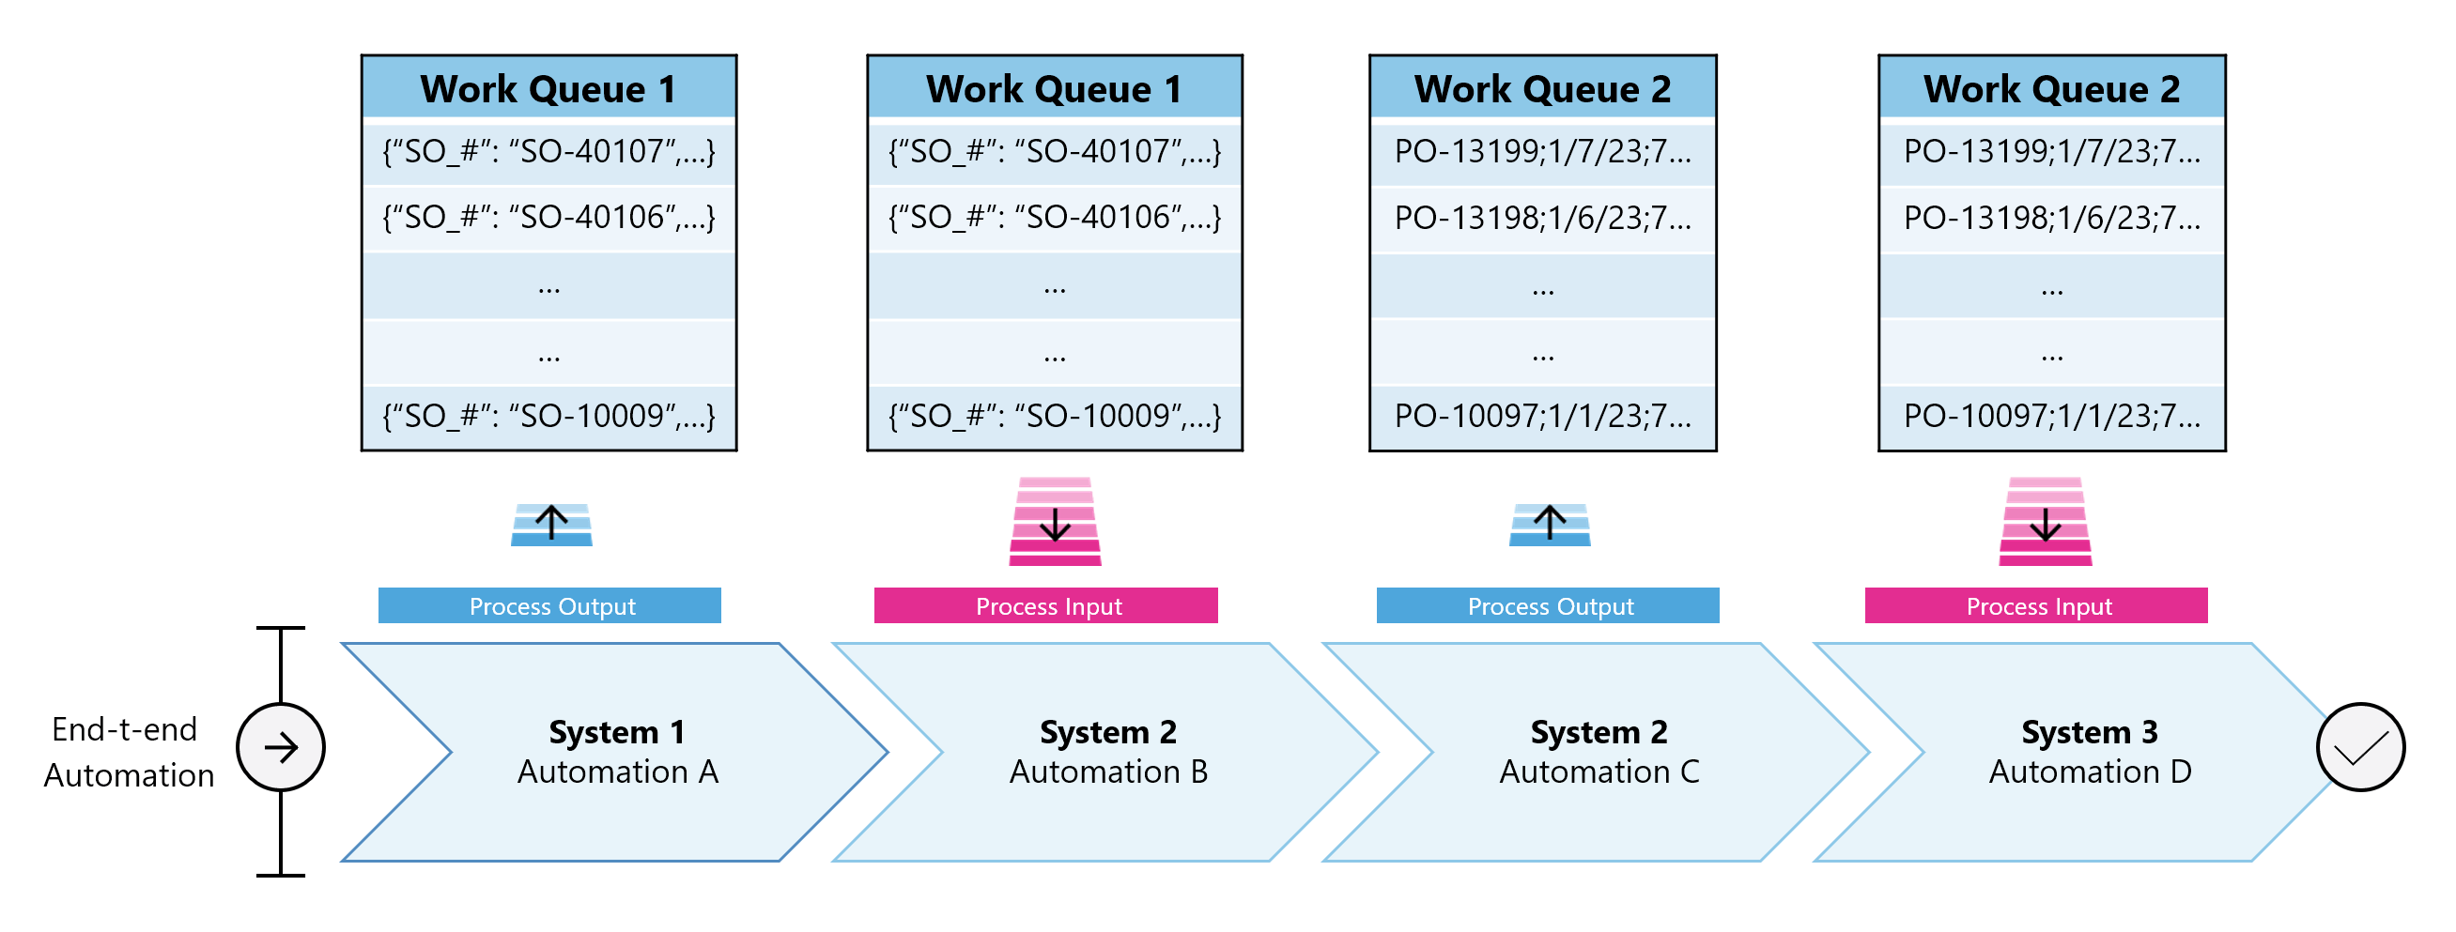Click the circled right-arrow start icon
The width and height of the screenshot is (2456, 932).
pos(280,747)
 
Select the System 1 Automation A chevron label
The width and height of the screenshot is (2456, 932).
pos(617,751)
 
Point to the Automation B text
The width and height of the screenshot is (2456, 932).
pos(1108,771)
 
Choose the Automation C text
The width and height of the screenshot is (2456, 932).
pos(1598,771)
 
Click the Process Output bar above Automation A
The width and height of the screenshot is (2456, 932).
pos(550,606)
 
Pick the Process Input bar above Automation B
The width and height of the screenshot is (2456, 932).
pos(1046,606)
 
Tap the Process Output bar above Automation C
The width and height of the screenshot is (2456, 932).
pos(1548,606)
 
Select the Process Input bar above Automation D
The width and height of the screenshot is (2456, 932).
pos(2035,606)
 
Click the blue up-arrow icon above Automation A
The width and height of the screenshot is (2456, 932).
pos(551,523)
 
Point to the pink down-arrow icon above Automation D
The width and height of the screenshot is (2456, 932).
pos(2044,522)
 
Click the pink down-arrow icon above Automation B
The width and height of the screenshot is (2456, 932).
pos(1055,522)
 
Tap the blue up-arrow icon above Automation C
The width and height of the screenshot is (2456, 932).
pos(1550,523)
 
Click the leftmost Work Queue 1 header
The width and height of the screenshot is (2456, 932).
pos(548,88)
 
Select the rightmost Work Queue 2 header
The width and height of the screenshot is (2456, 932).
pos(2051,88)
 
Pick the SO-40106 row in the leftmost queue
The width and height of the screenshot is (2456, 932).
pos(548,217)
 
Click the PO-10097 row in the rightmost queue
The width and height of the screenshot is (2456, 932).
pos(2051,416)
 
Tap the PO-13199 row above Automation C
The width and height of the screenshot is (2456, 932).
pos(1541,150)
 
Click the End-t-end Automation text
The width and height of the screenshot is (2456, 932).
pos(127,752)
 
